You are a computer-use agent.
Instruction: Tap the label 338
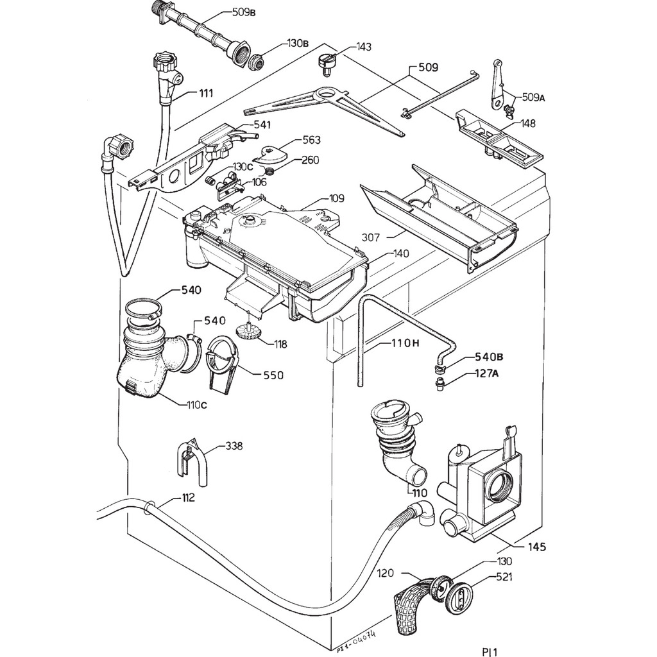[x=234, y=447]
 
